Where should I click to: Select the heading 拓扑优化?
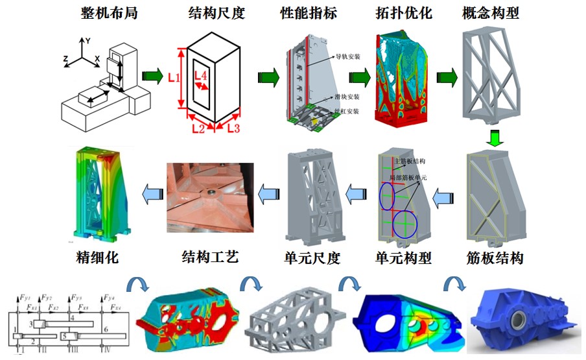point(404,14)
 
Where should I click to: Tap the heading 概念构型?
point(491,14)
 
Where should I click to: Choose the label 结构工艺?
point(210,258)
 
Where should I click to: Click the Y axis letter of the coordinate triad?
point(88,40)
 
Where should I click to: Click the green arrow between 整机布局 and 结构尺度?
point(152,76)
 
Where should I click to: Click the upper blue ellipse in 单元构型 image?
point(387,197)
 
